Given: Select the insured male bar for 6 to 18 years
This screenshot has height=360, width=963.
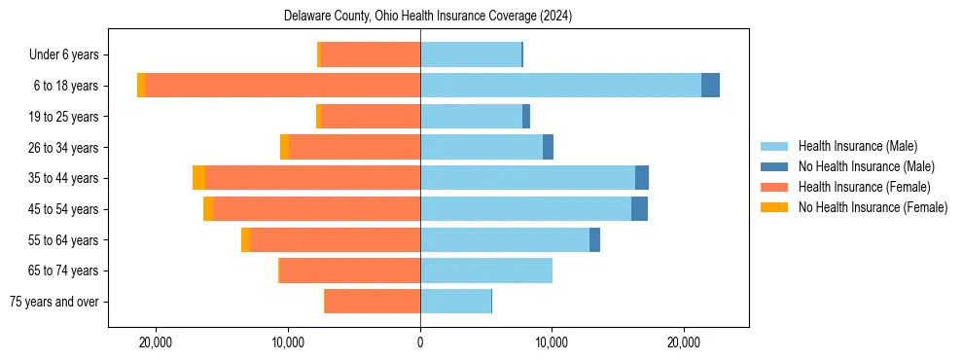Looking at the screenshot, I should tap(560, 86).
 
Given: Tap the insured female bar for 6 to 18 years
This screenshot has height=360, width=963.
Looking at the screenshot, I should tap(282, 86).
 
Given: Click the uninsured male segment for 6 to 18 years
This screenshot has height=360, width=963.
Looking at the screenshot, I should tap(710, 86).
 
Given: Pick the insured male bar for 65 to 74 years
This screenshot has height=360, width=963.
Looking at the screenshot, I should tap(486, 270).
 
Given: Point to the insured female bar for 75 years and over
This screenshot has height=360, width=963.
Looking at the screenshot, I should tap(373, 302).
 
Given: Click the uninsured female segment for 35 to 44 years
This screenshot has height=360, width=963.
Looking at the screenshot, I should tap(198, 178).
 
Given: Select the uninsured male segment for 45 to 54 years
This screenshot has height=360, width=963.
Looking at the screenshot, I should tap(639, 209).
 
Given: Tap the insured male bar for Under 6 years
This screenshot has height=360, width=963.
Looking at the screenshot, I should tap(471, 54).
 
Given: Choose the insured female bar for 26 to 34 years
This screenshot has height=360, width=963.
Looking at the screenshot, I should tap(354, 147).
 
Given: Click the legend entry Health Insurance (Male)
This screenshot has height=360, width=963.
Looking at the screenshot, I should tap(857, 146).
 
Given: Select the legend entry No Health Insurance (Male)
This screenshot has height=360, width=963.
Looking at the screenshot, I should tap(866, 166).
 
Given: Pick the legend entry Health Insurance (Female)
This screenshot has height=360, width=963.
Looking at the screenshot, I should tap(864, 187).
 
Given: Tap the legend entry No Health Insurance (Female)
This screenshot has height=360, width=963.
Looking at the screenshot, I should tap(873, 207).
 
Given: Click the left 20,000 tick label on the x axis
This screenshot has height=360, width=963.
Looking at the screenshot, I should tap(156, 342).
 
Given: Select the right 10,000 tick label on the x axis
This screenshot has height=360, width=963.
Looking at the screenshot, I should tap(552, 342).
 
